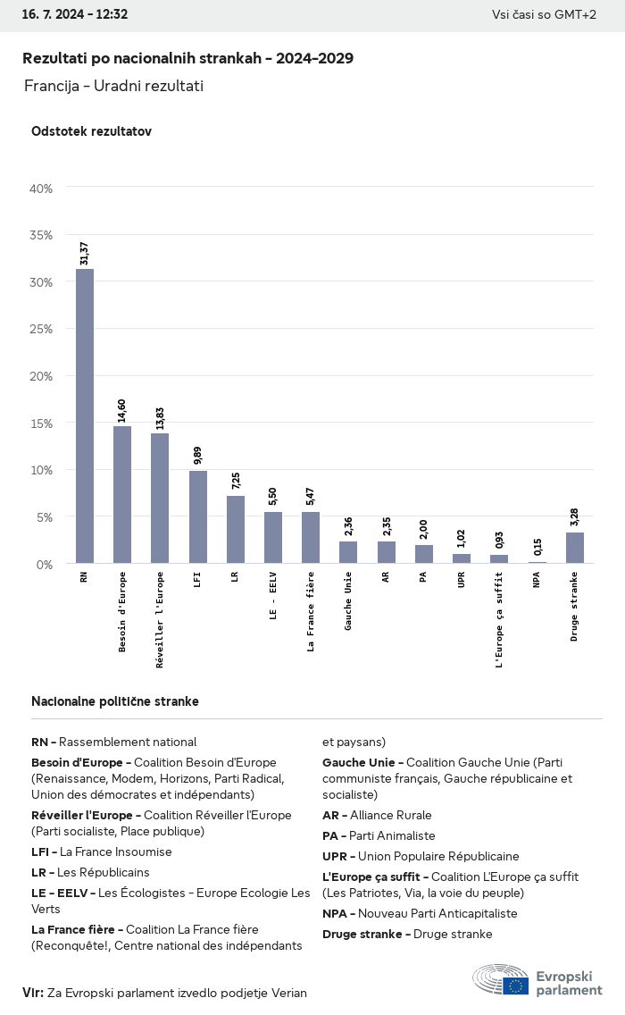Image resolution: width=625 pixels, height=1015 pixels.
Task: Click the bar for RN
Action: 85,415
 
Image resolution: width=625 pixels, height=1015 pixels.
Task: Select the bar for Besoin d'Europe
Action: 122,494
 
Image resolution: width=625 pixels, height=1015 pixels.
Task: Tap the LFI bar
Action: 197,516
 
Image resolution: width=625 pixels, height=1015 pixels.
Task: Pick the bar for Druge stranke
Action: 575,548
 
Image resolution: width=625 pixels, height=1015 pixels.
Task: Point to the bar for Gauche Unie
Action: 348,552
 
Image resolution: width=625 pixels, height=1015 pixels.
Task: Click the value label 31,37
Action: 85,253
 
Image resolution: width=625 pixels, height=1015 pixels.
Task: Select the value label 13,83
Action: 160,418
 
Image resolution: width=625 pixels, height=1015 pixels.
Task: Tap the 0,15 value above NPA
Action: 537,546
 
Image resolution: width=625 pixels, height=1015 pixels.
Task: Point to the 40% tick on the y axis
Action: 41,189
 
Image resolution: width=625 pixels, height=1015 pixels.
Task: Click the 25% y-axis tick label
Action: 41,329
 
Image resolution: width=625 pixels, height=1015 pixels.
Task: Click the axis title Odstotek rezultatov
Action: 91,131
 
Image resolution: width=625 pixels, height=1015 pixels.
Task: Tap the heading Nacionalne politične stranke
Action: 115,701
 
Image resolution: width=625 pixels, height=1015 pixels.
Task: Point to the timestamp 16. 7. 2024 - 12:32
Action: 75,14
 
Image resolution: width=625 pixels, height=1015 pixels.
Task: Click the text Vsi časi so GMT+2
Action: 544,14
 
